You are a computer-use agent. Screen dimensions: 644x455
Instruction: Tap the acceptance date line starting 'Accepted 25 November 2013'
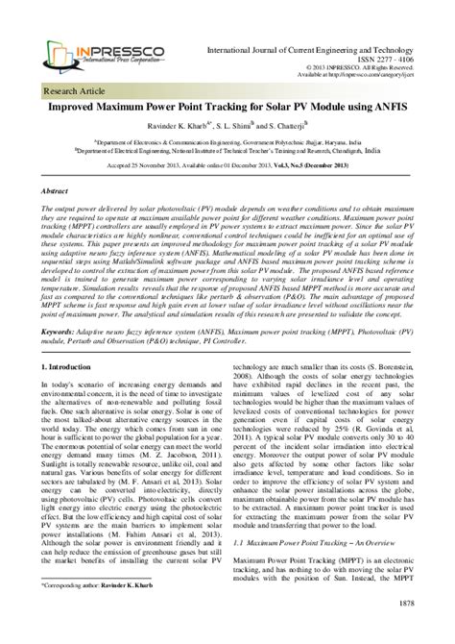coord(227,168)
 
